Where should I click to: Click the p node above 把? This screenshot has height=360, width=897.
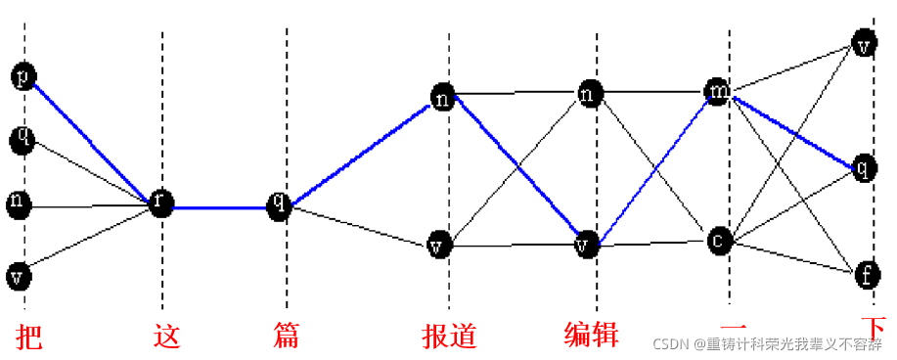22,77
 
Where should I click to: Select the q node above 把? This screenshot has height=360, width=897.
22,140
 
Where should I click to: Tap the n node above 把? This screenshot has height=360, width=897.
19,203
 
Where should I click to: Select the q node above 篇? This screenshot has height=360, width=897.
279,205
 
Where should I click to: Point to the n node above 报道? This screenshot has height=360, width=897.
443,97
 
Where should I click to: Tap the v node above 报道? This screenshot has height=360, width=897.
439,246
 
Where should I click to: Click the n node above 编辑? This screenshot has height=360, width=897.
589,94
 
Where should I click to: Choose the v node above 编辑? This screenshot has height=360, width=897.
586,245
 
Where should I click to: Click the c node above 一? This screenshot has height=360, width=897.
719,240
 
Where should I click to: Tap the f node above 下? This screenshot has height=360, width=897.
865,275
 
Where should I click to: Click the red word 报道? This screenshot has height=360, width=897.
449,337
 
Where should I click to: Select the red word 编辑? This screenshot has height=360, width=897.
592,335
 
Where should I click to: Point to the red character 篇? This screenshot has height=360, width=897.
286,337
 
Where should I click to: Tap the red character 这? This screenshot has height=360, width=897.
167,337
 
